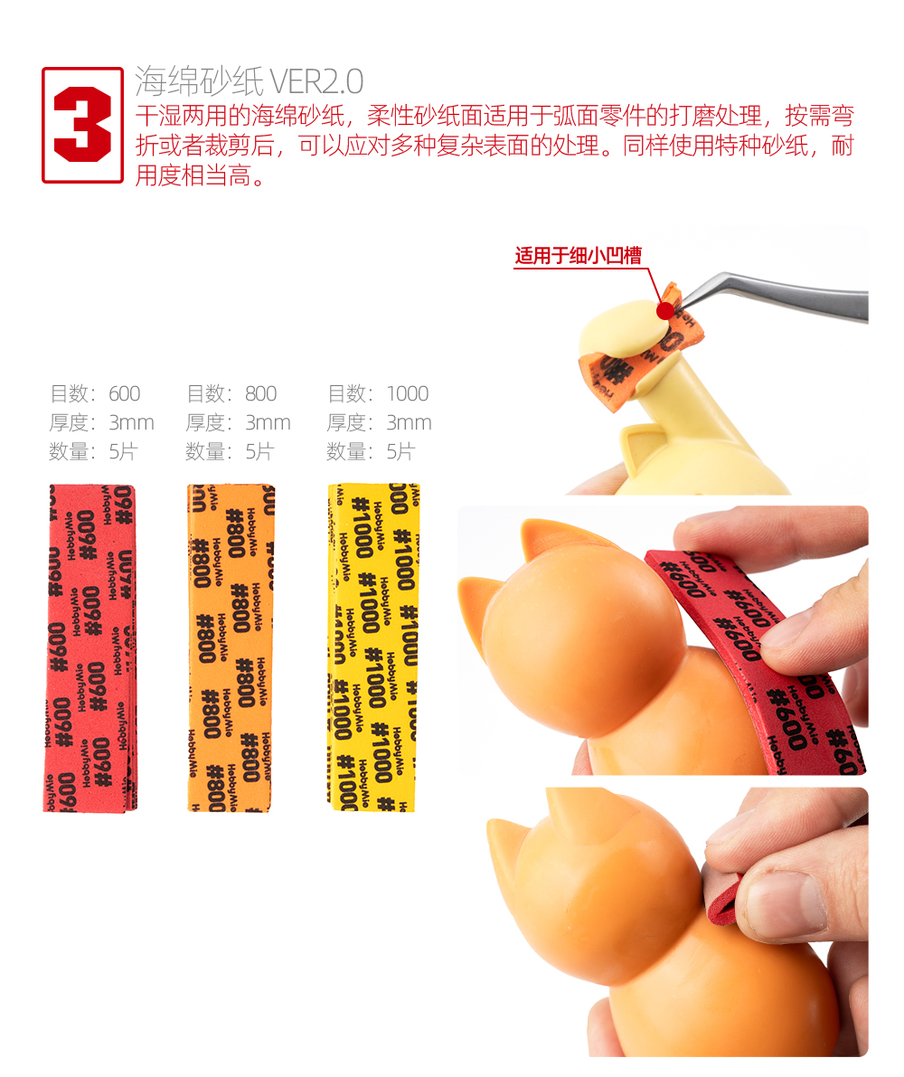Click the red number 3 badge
82,125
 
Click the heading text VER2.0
316,81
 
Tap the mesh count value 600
124,393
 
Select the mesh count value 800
261,393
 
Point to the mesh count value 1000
408,393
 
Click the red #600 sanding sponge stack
89,647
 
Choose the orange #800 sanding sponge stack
231,647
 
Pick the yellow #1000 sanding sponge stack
373,647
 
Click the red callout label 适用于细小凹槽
578,256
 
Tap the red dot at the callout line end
664,310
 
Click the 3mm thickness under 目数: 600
131,422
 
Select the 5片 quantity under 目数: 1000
400,451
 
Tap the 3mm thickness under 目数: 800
268,422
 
